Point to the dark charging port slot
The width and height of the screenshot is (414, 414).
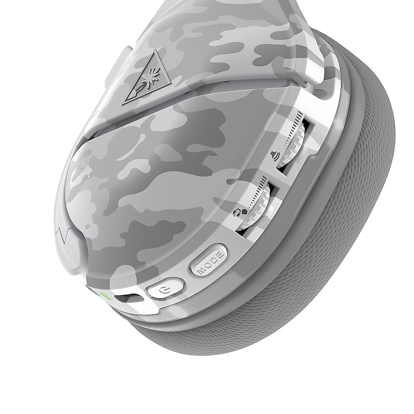(127, 297)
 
